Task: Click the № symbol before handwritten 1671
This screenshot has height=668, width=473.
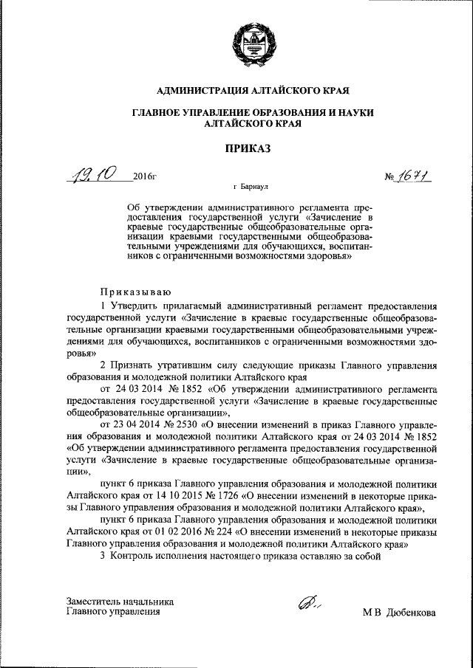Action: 392,177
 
